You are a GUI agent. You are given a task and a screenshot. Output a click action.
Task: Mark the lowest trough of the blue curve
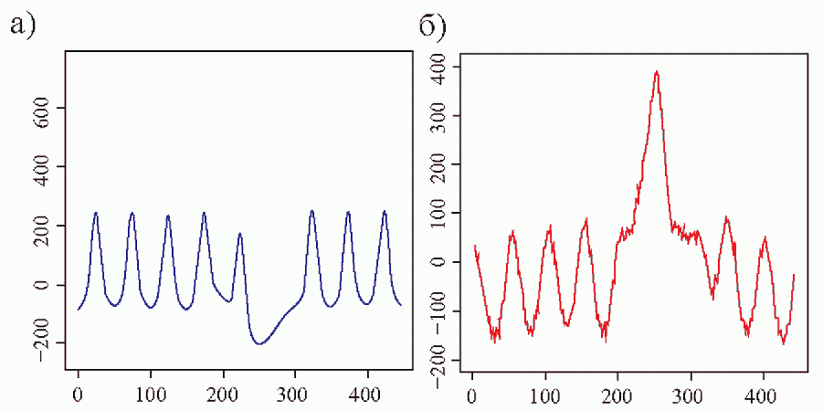click(260, 344)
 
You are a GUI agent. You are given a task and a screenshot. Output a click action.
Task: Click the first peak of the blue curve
click(95, 213)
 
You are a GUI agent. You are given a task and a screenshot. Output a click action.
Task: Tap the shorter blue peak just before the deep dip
click(240, 234)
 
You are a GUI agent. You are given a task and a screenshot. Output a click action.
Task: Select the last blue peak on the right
click(385, 212)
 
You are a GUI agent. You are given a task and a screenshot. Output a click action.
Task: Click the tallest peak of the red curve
click(656, 71)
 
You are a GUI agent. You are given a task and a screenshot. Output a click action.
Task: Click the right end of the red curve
click(794, 274)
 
